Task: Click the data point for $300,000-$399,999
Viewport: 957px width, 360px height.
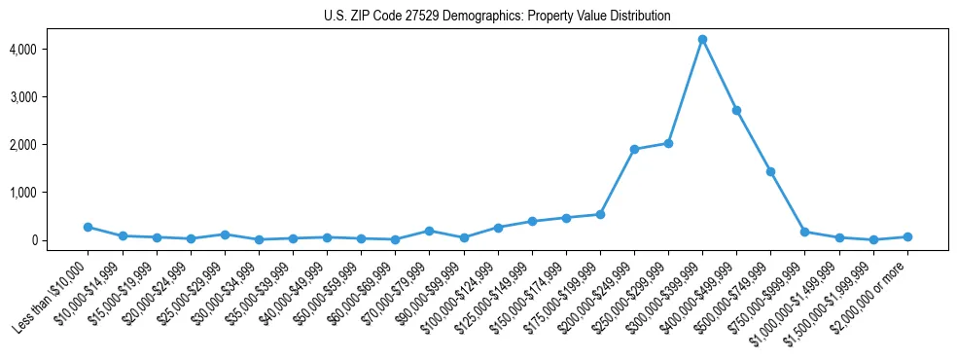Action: point(702,39)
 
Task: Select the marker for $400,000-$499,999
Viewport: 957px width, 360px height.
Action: point(736,110)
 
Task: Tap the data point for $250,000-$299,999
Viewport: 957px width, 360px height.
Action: point(668,143)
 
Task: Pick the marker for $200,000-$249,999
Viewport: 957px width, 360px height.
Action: point(634,149)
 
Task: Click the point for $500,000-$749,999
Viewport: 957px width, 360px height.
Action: point(770,171)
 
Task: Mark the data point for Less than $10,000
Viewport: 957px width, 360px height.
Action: point(88,227)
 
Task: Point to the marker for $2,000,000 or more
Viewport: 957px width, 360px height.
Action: point(907,236)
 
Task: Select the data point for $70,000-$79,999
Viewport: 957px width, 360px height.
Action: point(429,231)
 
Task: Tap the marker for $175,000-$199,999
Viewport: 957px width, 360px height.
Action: point(600,214)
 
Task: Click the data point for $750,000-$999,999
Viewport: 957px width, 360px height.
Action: point(804,232)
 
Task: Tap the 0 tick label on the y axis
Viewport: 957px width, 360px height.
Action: point(60,240)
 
